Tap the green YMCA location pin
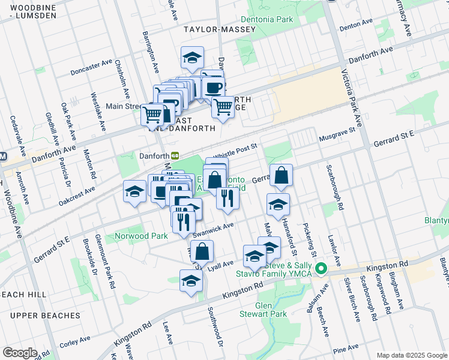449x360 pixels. coord(321,269)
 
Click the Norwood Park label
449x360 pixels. coord(142,236)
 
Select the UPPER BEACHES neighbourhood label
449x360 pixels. coord(44,316)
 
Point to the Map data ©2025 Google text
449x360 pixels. coord(411,355)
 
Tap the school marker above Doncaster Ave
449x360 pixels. coord(192,58)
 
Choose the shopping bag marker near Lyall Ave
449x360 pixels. coord(203,251)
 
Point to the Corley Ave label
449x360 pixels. coord(75,342)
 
